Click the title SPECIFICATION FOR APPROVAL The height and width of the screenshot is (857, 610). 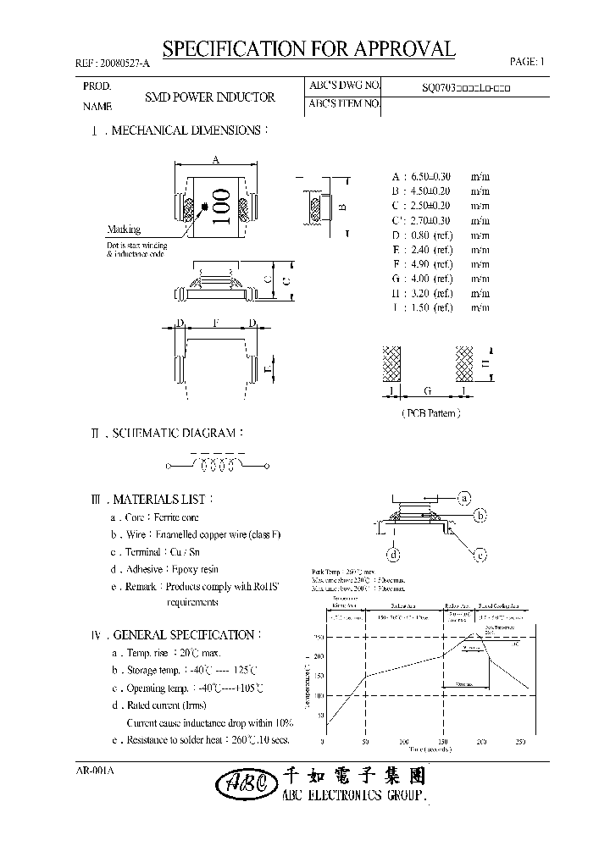[308, 49]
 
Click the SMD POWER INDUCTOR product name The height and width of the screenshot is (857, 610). [210, 97]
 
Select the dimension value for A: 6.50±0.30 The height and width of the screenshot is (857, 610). [440, 176]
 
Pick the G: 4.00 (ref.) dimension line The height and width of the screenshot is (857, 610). [440, 279]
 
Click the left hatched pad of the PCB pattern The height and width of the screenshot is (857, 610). [392, 363]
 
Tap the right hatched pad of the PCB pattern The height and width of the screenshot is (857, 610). [465, 363]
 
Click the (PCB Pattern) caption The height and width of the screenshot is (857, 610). [430, 413]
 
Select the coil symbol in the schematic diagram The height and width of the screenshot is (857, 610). [218, 466]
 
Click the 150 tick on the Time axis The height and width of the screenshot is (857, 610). [443, 742]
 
